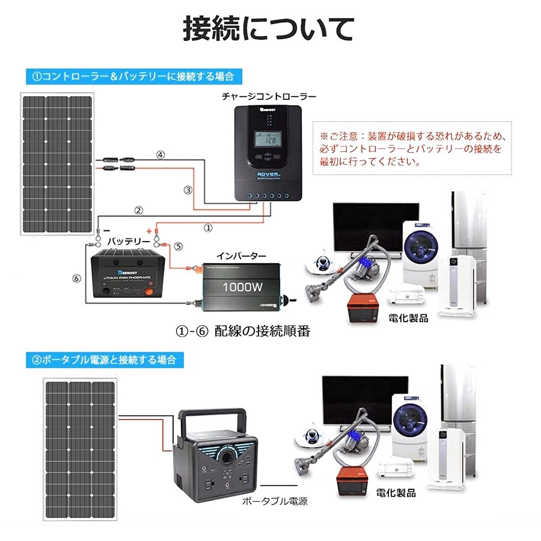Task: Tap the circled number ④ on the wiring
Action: [x=160, y=154]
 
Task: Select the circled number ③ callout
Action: [x=188, y=190]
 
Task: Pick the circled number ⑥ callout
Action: [x=76, y=278]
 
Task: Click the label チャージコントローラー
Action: [x=269, y=96]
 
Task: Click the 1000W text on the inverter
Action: [x=242, y=287]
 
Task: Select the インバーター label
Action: [x=241, y=256]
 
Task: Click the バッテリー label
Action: [x=129, y=241]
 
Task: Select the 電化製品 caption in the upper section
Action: [x=408, y=319]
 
